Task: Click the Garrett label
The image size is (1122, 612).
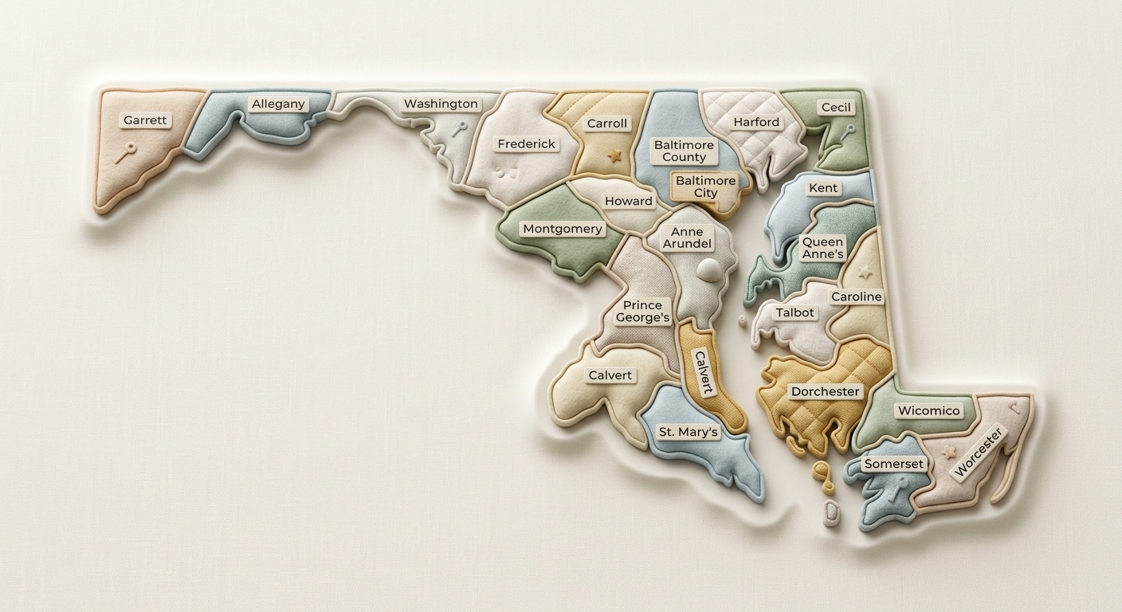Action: tap(145, 120)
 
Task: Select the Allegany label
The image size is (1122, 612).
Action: tap(278, 104)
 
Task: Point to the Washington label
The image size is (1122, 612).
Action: tap(441, 104)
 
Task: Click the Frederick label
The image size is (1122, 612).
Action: tap(526, 144)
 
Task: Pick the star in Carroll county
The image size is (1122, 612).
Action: tap(613, 154)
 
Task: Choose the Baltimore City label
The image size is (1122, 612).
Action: tap(705, 186)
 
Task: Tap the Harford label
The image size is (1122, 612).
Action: tap(756, 122)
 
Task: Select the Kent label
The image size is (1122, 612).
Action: tap(823, 188)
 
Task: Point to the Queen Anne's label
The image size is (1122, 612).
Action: tap(822, 248)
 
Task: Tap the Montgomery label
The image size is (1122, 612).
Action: tap(562, 229)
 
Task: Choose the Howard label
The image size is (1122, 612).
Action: tap(629, 201)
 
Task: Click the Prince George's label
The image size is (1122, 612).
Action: tap(642, 312)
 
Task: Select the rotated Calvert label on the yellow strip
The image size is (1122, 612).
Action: tap(702, 372)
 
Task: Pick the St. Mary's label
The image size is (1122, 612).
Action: tap(688, 432)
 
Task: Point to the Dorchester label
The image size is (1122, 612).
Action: tap(825, 391)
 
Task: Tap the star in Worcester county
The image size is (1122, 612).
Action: tap(949, 452)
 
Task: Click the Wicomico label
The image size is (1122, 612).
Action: tap(928, 411)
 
